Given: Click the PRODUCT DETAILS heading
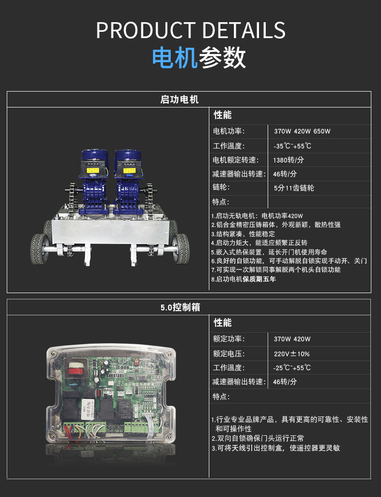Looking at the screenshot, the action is click(x=190, y=30).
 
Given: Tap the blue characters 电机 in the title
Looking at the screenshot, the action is click(x=175, y=58).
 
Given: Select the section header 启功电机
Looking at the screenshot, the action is click(x=179, y=99).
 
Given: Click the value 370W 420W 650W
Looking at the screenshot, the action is click(x=302, y=131).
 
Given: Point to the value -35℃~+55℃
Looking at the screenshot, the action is click(x=292, y=146).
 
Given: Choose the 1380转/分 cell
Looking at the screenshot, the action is click(x=288, y=160).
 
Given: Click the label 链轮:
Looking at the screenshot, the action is click(x=221, y=187).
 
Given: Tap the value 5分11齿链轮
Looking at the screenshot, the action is click(x=294, y=188).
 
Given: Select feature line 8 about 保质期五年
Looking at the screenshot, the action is click(x=244, y=279).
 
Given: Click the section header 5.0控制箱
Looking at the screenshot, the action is click(x=180, y=307).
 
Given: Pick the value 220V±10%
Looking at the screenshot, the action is click(x=292, y=354).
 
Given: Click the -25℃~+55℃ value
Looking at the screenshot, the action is click(x=292, y=368).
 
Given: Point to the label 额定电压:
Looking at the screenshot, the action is click(x=229, y=354).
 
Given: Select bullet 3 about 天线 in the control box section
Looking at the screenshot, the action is click(x=276, y=448).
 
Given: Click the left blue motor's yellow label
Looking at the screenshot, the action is click(x=93, y=171).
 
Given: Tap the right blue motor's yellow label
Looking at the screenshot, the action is click(x=130, y=171).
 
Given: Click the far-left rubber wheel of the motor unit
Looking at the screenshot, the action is click(x=39, y=249).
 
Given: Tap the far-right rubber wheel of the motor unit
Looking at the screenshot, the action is click(x=181, y=249).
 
